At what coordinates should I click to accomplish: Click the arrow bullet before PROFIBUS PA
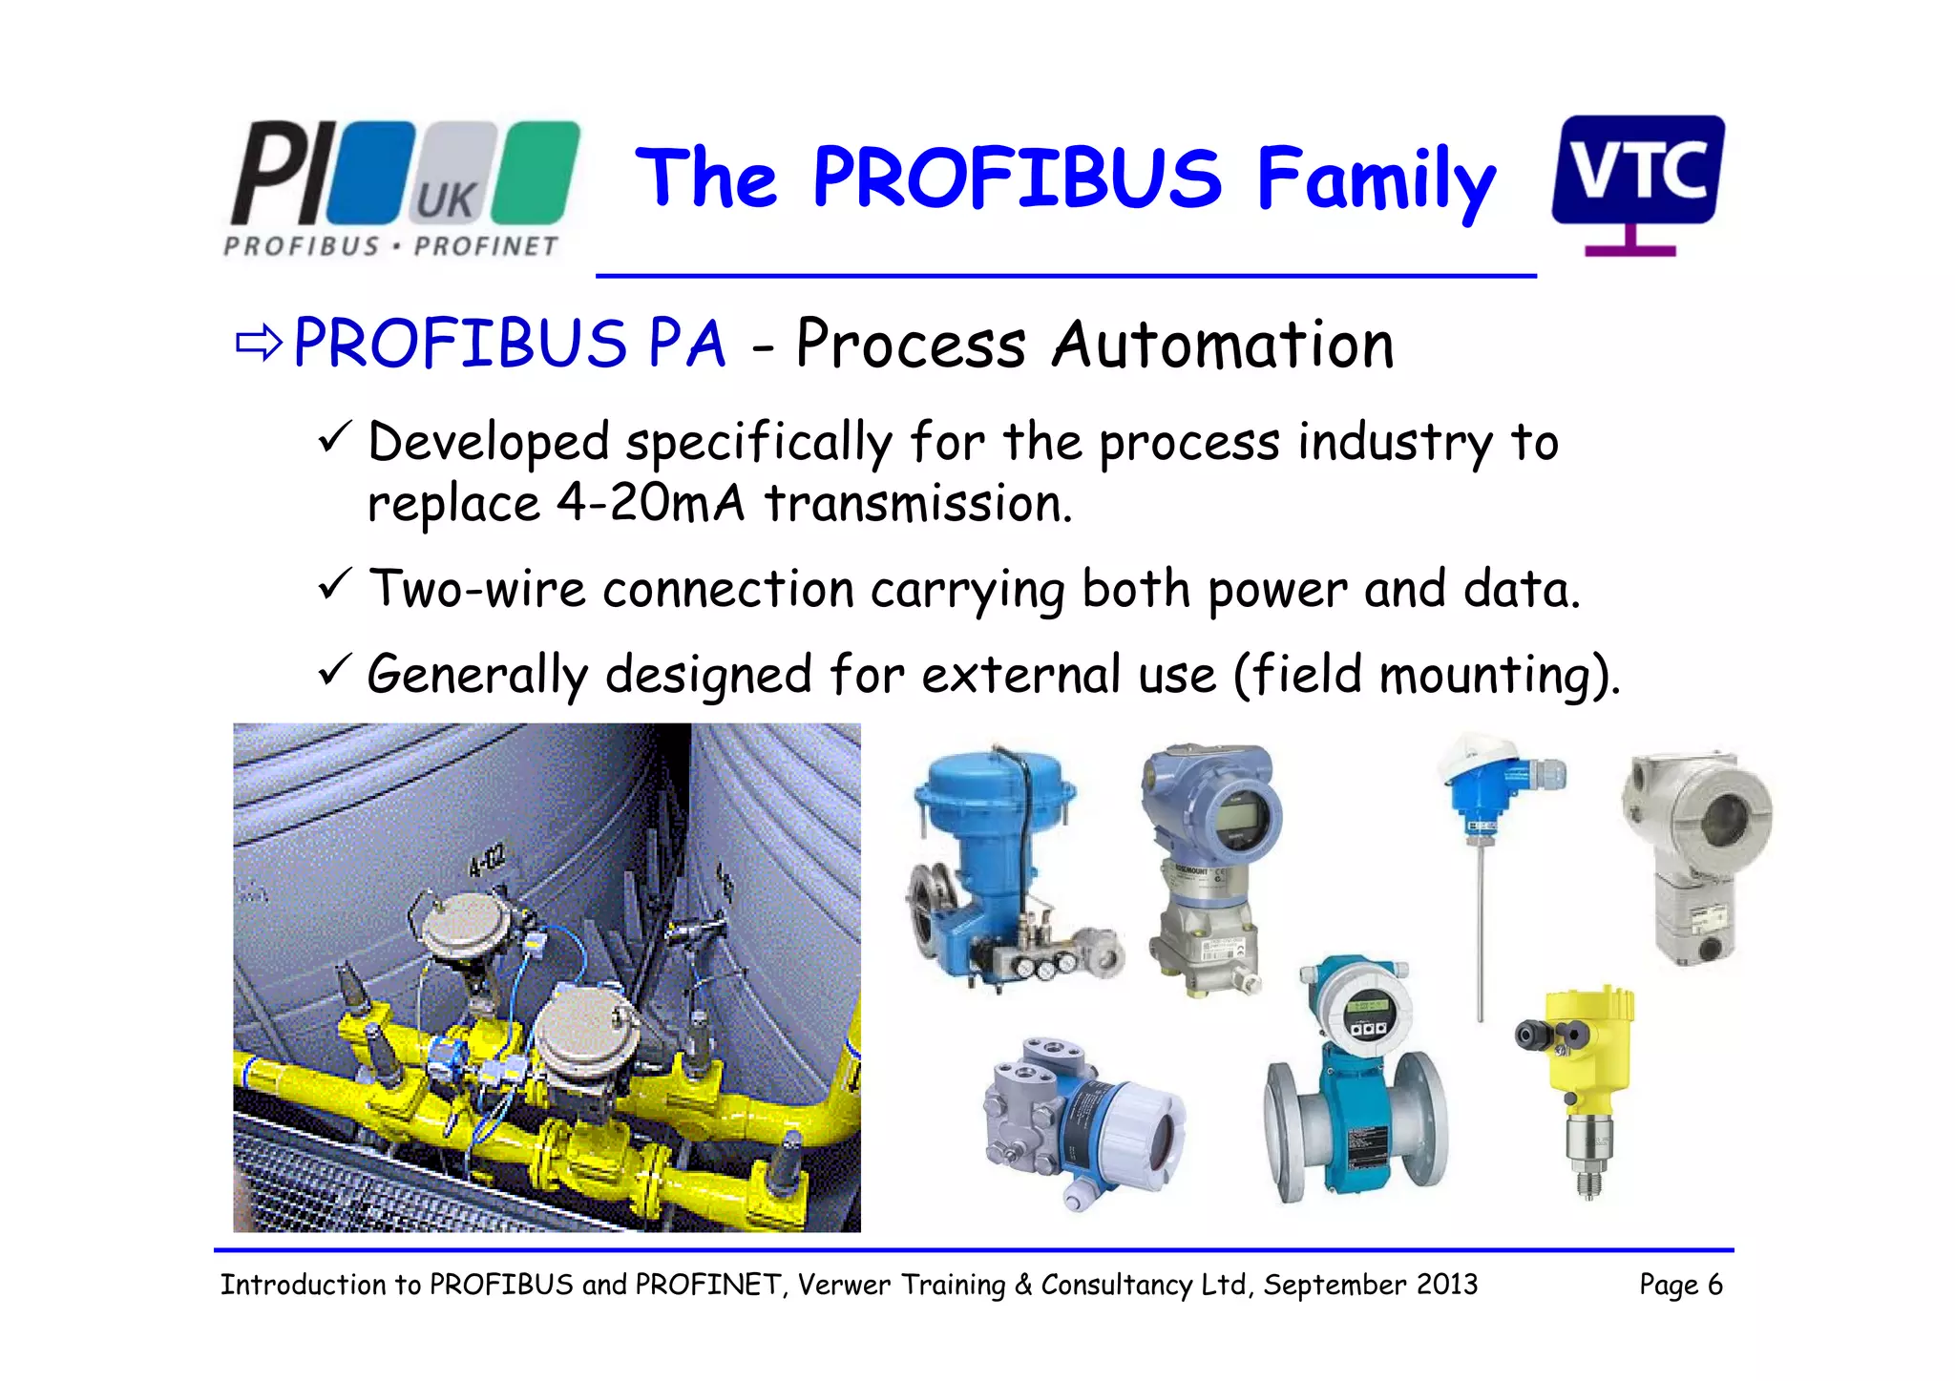(258, 344)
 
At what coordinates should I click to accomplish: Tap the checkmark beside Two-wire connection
(335, 583)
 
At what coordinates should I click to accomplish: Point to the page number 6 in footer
(1715, 1285)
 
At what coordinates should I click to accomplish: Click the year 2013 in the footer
(1446, 1285)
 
